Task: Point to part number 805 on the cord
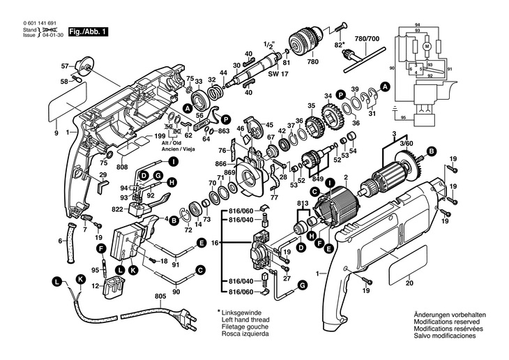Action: (160, 295)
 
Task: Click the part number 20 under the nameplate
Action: (409, 284)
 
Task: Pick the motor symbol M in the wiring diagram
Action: (427, 47)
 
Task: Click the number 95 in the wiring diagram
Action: (403, 119)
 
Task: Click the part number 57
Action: (65, 66)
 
